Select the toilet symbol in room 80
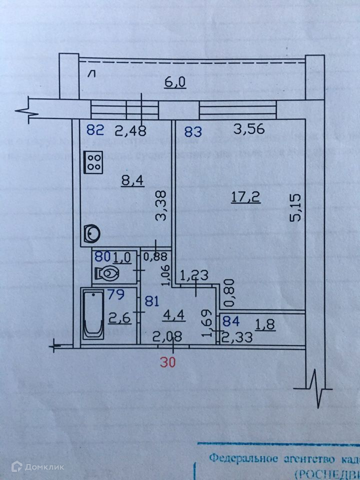click(x=106, y=273)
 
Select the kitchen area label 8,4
click(x=132, y=180)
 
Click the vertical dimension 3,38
click(x=160, y=208)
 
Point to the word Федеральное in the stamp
click(x=238, y=457)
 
